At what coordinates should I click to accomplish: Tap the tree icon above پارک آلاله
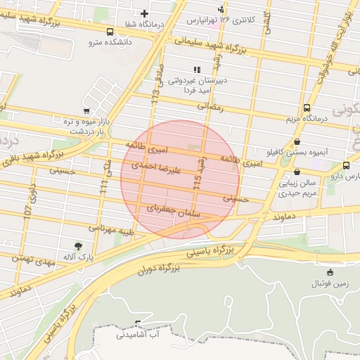pos(78,246)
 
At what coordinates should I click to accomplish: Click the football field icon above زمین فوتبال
pos(330,272)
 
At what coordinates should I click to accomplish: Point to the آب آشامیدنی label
pos(139,336)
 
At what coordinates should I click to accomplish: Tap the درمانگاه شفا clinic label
pos(144,24)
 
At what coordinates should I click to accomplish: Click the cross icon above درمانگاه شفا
pos(144,13)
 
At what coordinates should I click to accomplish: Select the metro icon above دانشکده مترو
pos(110,32)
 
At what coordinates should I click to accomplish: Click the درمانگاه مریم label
pos(306,119)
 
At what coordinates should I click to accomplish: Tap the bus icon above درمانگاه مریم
pos(307,108)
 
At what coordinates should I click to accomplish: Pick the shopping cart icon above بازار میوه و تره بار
pos(86,111)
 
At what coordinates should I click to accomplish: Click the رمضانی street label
pos(210,107)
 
